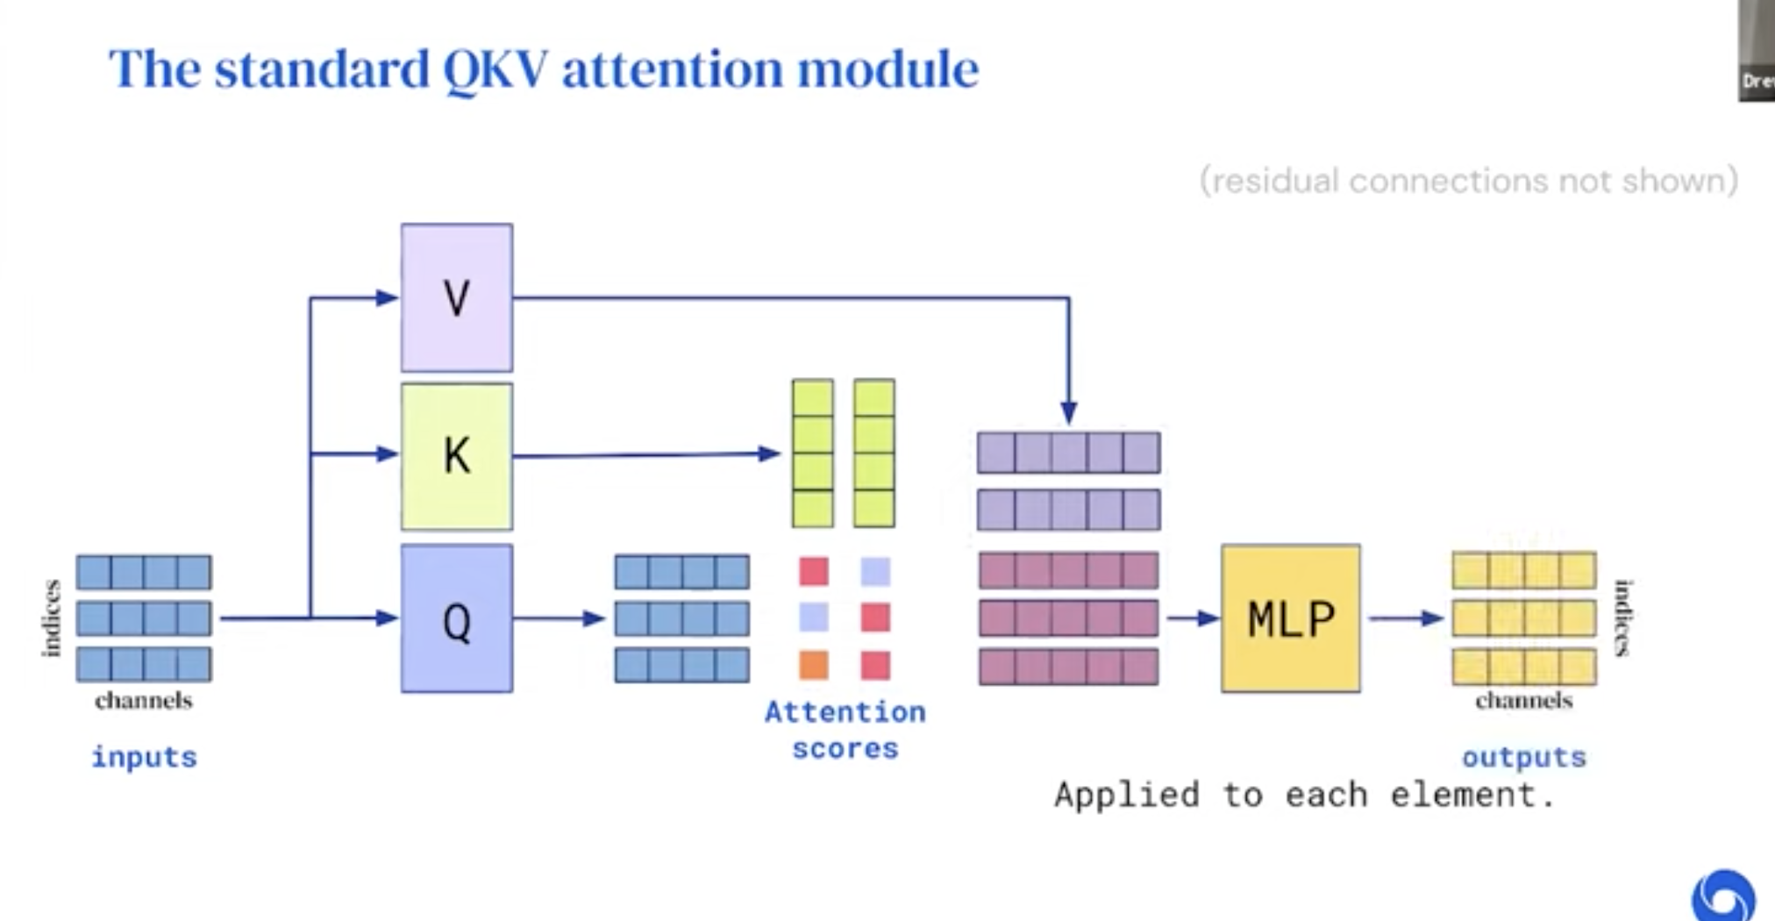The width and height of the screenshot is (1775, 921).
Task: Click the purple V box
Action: click(x=457, y=297)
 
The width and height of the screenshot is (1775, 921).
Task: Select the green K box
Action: click(x=457, y=456)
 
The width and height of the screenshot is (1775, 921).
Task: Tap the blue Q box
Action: click(x=457, y=618)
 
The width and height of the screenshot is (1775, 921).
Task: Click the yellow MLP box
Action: click(x=1291, y=618)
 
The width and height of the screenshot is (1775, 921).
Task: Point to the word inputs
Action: click(x=145, y=757)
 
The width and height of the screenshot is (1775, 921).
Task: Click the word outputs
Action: click(x=1524, y=757)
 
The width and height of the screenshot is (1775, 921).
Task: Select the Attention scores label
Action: click(x=845, y=730)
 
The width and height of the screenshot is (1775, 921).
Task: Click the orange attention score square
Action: click(x=814, y=665)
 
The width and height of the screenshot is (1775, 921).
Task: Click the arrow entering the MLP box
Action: click(x=1193, y=618)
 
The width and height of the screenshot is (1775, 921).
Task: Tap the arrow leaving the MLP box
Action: click(x=1406, y=618)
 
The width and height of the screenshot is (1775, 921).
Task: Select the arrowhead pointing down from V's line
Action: click(x=1068, y=411)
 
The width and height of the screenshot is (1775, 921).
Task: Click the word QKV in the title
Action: click(x=495, y=68)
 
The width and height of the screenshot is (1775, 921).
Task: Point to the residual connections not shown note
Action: click(x=1468, y=181)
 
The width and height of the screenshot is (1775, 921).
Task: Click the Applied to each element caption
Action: click(x=1305, y=795)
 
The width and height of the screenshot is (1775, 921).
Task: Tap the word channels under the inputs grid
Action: click(x=144, y=700)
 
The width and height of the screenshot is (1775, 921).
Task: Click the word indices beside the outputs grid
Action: click(x=1622, y=618)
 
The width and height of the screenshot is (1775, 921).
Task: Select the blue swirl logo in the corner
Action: click(x=1723, y=896)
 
